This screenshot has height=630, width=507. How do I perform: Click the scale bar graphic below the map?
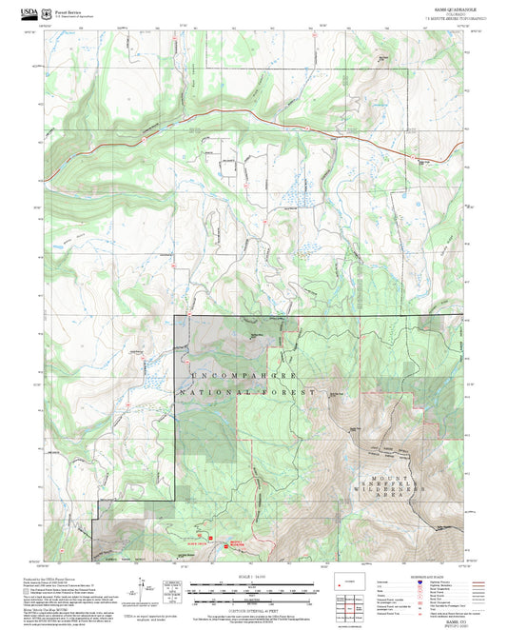(x=253, y=591)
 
